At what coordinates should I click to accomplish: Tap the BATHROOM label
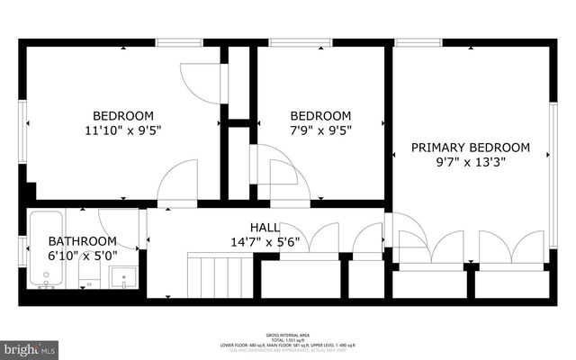[82, 241]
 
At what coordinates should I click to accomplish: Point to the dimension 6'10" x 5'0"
[82, 256]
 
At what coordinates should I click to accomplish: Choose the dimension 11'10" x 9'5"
[123, 130]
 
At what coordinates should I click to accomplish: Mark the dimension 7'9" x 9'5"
[319, 130]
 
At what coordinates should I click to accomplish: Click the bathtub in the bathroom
[45, 247]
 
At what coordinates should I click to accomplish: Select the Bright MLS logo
[29, 347]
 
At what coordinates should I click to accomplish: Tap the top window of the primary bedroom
[412, 41]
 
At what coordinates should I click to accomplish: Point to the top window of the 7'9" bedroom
[288, 41]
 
